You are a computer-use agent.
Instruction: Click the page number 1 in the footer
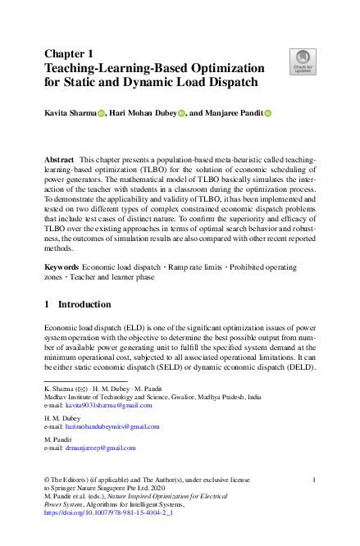point(315,478)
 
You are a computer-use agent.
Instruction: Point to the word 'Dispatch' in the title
point(230,82)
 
